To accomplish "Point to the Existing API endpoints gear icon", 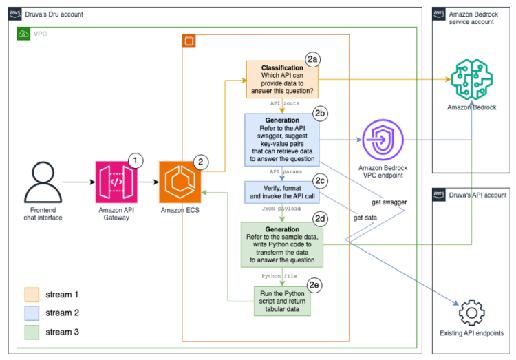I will pos(471,313).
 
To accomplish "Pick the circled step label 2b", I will pos(320,113).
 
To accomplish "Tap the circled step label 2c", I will pos(319,180).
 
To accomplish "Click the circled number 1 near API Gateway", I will pos(136,160).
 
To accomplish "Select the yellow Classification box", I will pos(282,78).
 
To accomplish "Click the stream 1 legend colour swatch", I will pos(32,295).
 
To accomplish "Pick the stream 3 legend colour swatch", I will pos(32,332).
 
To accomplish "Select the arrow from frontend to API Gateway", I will pos(76,182).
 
